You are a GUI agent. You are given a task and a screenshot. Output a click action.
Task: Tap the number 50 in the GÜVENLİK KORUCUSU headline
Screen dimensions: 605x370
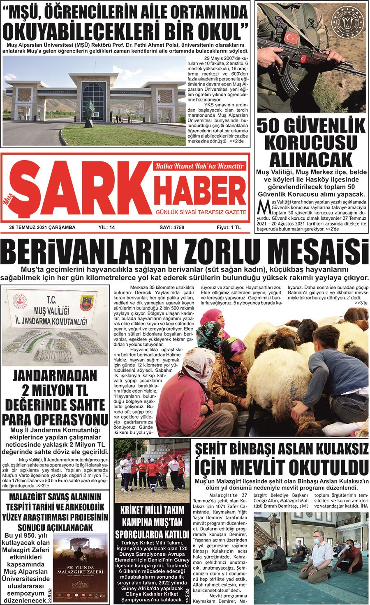270,126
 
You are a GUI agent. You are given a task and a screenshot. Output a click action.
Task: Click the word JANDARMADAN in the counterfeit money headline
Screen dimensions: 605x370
55,376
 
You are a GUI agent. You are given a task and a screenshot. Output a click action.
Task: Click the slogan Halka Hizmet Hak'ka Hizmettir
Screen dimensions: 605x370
199,166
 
